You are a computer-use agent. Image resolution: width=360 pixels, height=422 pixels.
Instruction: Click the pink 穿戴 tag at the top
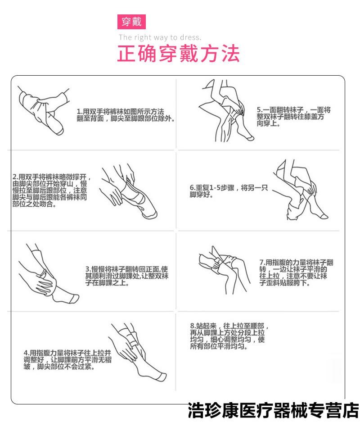(x=132, y=22)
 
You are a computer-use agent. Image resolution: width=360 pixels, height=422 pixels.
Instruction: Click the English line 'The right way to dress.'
(x=160, y=37)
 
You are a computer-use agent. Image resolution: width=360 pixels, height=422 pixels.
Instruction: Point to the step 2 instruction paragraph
(x=50, y=191)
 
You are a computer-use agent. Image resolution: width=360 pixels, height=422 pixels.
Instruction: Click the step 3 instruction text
(x=127, y=276)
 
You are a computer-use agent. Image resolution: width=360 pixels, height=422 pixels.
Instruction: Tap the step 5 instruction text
(x=293, y=117)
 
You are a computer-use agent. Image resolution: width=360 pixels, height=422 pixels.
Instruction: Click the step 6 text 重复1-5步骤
(x=229, y=191)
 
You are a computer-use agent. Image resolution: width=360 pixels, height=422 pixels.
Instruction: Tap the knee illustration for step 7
(x=223, y=270)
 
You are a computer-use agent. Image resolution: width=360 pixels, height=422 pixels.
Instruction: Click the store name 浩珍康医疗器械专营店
(x=274, y=411)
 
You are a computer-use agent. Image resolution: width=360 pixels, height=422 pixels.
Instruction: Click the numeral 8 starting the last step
(x=192, y=326)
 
